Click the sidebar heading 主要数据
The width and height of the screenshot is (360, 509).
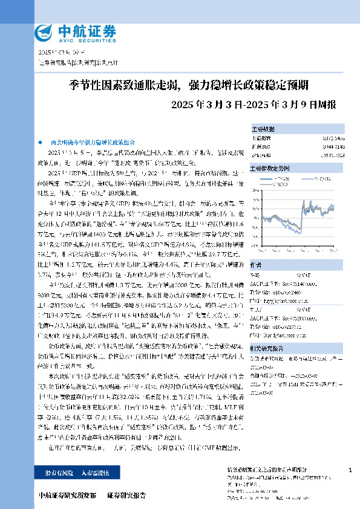click(263, 129)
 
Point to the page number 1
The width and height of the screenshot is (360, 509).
click(351, 470)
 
